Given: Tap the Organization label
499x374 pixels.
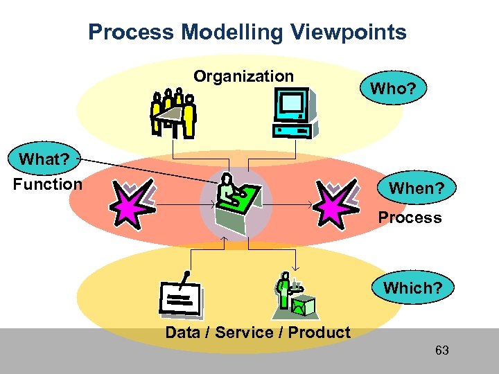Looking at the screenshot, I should point(243,76).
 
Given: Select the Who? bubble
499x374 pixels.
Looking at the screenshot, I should point(393,89).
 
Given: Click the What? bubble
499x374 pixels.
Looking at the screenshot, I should point(44,159).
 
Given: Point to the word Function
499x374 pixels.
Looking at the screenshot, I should point(47,184).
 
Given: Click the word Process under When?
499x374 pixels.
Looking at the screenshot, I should point(410,217).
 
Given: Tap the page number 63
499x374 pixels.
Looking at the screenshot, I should point(441,350).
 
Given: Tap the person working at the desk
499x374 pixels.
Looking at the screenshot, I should point(236,201).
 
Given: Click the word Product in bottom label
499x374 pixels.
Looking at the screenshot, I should point(319,332).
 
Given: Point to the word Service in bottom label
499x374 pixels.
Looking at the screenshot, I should point(244,332).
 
